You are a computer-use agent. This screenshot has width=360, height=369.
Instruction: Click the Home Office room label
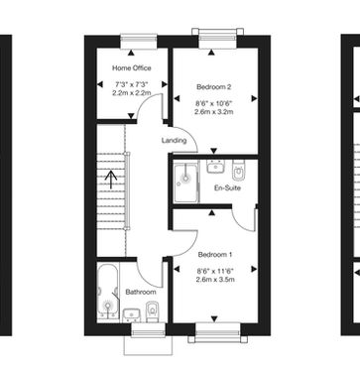[132, 68]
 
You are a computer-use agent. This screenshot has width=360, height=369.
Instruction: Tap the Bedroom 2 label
[213, 87]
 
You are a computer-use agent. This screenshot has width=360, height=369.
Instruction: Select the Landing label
[174, 141]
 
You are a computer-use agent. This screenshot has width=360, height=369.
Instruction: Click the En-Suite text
[227, 188]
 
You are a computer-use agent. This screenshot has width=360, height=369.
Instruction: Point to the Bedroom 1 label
[215, 255]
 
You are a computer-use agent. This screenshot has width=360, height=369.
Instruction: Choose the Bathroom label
[141, 293]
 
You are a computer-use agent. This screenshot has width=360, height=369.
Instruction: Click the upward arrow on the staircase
[111, 179]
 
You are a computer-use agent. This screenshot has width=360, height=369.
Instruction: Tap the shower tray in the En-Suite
[186, 182]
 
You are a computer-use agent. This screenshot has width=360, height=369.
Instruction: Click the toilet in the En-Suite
[238, 170]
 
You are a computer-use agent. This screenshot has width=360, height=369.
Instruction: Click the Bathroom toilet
[152, 311]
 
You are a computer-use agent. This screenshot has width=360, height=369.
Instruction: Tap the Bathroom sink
[133, 315]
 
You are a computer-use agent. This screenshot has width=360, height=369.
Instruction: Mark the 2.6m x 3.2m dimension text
[214, 112]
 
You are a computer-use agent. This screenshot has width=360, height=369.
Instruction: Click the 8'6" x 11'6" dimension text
[215, 272]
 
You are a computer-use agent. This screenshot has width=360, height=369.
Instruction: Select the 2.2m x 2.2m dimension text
[132, 93]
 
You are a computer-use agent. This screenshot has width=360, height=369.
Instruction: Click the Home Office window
[139, 42]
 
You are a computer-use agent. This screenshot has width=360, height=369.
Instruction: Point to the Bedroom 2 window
[218, 39]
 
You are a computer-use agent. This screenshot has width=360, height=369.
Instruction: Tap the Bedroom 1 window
[217, 332]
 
